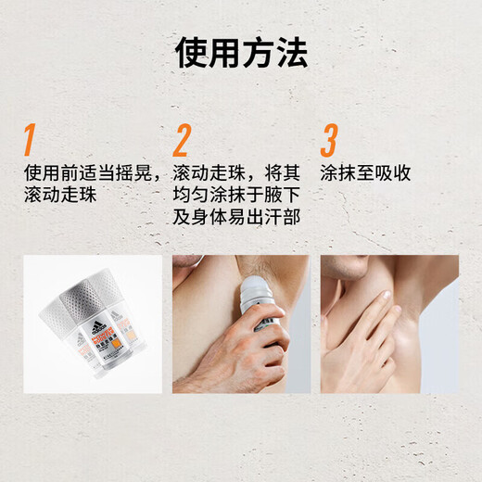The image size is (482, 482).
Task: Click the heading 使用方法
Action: tap(241, 54)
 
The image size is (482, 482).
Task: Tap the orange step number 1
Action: tap(30, 140)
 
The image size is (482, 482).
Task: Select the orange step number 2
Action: tap(181, 140)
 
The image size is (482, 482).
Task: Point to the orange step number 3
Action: tap(329, 140)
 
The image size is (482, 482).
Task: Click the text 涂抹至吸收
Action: tap(365, 173)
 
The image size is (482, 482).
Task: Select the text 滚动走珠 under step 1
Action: tap(62, 196)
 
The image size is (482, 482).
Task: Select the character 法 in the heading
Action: tap(291, 54)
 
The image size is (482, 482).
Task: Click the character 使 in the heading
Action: tap(191, 54)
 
